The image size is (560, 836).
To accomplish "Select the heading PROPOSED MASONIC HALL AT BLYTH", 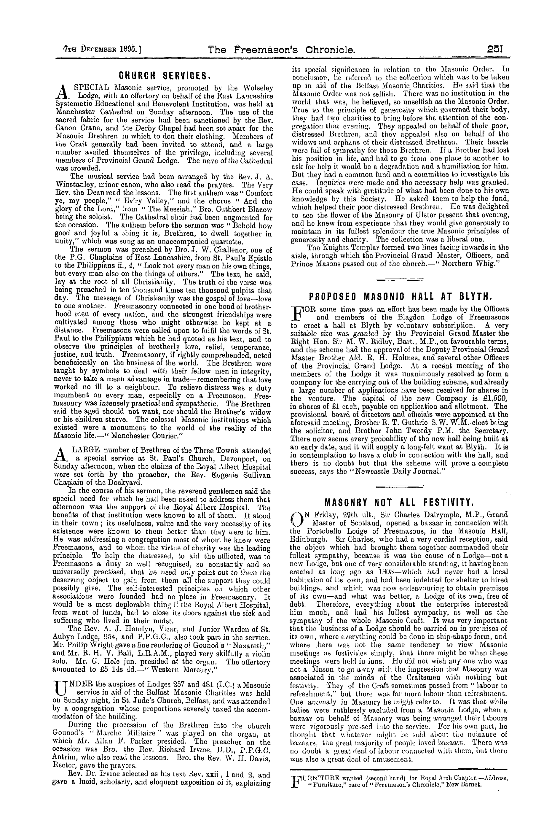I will (x=400, y=296).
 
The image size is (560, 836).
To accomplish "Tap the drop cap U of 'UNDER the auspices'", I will (x=58, y=686).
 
